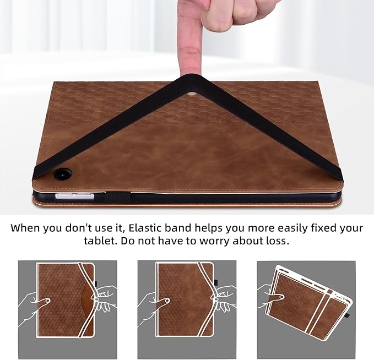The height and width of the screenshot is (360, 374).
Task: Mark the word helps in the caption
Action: (235, 227)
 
